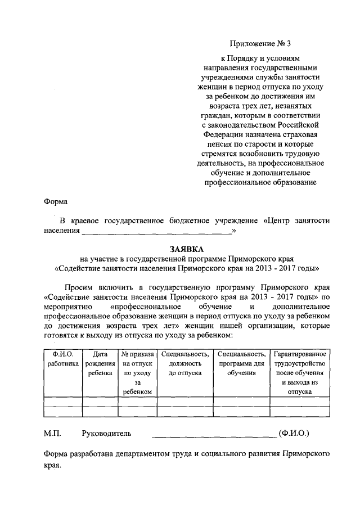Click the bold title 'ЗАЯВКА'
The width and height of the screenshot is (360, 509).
pyautogui.click(x=187, y=248)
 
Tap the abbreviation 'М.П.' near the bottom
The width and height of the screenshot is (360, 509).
pyautogui.click(x=52, y=434)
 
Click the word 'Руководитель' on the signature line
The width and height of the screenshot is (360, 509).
pyautogui.click(x=106, y=434)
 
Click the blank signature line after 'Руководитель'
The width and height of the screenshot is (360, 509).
pyautogui.click(x=214, y=435)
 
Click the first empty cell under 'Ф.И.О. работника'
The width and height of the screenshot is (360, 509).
pyautogui.click(x=62, y=402)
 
